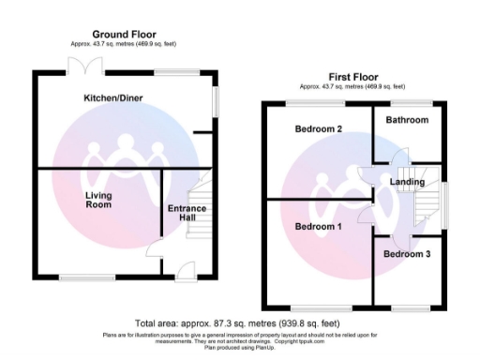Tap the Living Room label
(x=98, y=201)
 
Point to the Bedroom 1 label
(x=319, y=227)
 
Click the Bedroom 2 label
(x=319, y=128)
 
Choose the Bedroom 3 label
(x=408, y=255)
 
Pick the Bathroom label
(x=409, y=120)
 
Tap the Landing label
(x=408, y=182)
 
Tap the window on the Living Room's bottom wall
(x=81, y=277)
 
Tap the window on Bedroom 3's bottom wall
(x=406, y=307)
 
